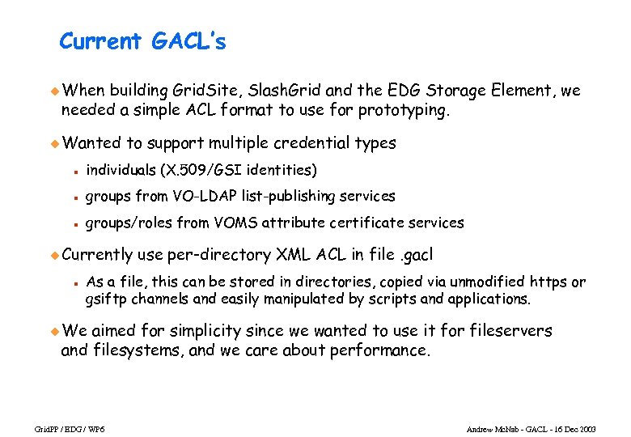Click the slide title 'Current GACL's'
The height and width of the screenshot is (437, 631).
pyautogui.click(x=142, y=41)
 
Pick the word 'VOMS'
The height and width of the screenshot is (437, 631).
pyautogui.click(x=259, y=223)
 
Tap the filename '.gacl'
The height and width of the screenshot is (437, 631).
pyautogui.click(x=418, y=255)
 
